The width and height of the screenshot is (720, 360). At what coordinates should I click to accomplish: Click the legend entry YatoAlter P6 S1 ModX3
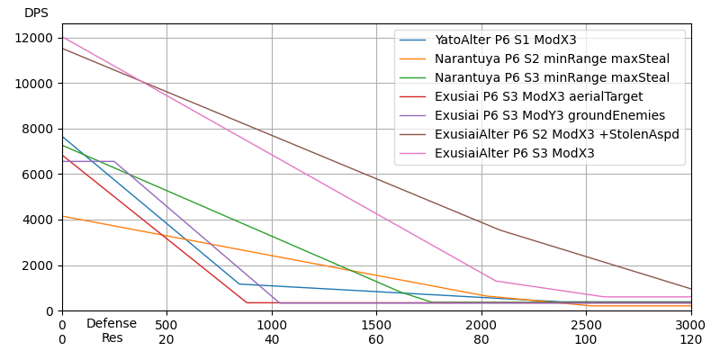506,40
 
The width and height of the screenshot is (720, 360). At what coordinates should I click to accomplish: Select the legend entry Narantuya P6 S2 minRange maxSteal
552,58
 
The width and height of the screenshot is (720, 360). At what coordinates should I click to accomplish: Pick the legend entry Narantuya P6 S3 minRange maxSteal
552,77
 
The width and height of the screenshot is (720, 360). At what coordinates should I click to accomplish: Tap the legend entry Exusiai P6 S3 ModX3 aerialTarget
539,96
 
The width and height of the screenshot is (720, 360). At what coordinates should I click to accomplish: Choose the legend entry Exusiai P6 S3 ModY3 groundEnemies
550,115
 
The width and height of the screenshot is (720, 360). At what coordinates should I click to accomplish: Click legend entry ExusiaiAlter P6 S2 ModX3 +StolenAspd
557,134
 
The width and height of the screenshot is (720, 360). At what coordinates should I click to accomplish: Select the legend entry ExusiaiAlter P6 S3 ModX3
515,153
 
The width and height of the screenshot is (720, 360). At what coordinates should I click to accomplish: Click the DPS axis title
36,13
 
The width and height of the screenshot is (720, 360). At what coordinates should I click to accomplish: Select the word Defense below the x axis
112,324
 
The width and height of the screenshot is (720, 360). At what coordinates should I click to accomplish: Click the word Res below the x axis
112,338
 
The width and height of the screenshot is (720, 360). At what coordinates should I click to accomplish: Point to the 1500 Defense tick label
376,325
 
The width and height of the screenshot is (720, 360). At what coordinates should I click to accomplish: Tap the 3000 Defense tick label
690,325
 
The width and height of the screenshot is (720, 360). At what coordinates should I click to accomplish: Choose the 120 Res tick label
690,339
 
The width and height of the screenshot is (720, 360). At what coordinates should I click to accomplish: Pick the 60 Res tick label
376,339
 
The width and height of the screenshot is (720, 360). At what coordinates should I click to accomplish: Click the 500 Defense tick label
166,325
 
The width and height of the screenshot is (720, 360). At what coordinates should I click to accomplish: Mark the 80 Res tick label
481,339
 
